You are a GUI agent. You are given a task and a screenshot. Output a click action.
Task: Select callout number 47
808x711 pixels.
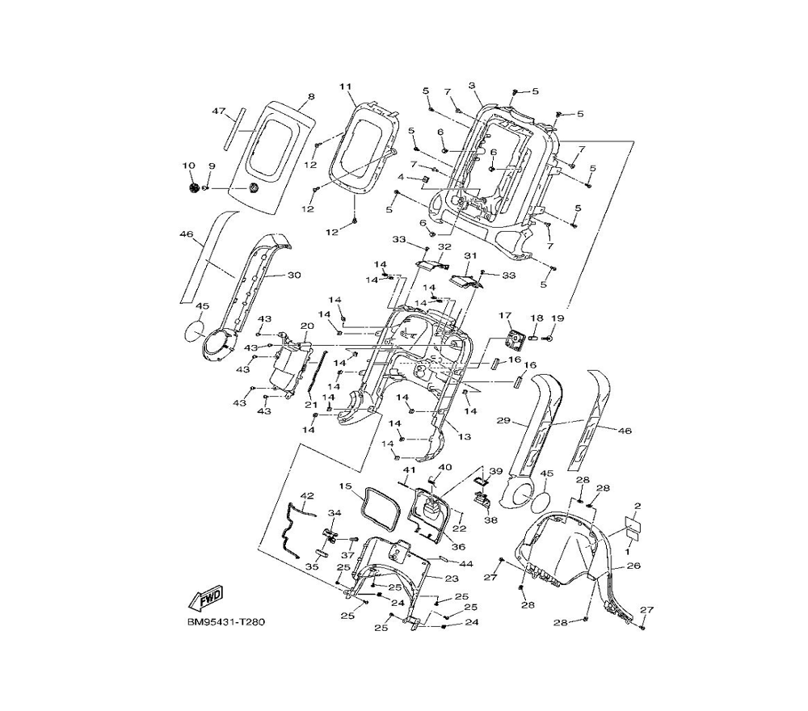(x=217, y=111)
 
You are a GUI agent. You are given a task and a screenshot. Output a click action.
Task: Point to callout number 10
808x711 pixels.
(x=189, y=166)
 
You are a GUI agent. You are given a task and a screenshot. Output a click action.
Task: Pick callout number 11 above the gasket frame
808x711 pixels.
(x=346, y=86)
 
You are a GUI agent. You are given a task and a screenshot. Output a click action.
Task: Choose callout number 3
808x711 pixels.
(x=472, y=86)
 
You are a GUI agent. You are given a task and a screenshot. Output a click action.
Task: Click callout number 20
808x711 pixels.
(x=306, y=326)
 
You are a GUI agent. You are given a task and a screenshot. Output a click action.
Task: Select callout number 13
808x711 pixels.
(x=464, y=437)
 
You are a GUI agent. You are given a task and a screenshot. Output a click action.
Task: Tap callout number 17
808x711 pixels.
(x=505, y=315)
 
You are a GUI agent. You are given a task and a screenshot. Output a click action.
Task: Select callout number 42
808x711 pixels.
(x=306, y=495)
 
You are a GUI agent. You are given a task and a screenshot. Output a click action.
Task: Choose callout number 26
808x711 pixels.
(x=634, y=566)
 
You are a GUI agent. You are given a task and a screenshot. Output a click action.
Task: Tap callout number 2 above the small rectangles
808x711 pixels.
(x=637, y=506)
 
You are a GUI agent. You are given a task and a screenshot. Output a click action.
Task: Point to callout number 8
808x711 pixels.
(x=311, y=97)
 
